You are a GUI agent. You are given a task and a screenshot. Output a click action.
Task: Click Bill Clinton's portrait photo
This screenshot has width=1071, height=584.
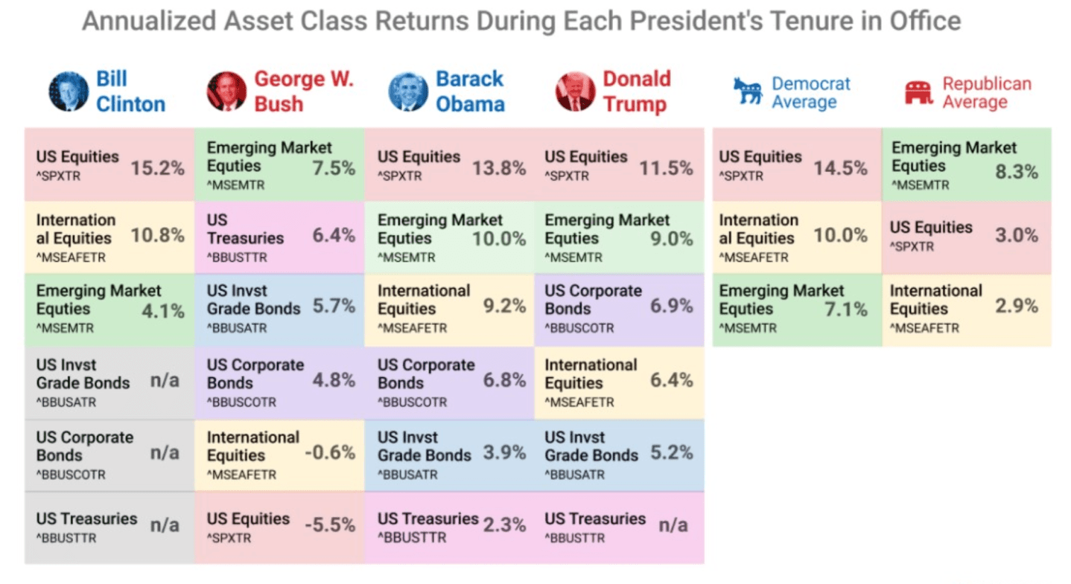pyautogui.click(x=68, y=91)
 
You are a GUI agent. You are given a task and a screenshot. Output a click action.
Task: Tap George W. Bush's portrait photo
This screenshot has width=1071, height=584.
pyautogui.click(x=226, y=91)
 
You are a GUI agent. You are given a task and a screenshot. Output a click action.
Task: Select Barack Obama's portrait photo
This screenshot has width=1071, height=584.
pyautogui.click(x=408, y=91)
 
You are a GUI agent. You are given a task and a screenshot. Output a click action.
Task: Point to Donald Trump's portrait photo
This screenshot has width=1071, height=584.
pyautogui.click(x=575, y=91)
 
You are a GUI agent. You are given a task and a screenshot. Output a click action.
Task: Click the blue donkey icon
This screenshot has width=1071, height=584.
pyautogui.click(x=748, y=92)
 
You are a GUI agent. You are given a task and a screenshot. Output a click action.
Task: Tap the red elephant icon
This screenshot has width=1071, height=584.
pyautogui.click(x=918, y=92)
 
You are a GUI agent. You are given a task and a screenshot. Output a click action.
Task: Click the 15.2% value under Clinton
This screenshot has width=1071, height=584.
pyautogui.click(x=157, y=168)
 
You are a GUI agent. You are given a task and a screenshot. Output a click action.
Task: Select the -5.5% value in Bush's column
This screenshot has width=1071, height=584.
pyautogui.click(x=330, y=525)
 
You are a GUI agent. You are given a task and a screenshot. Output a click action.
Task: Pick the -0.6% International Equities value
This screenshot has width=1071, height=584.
pyautogui.click(x=330, y=452)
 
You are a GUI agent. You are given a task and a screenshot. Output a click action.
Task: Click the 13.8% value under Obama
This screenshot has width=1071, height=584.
pyautogui.click(x=499, y=168)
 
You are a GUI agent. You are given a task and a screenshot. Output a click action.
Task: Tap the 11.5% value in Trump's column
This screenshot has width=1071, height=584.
pyautogui.click(x=666, y=168)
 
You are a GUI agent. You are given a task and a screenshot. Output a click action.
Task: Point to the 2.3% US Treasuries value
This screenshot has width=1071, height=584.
pyautogui.click(x=504, y=525)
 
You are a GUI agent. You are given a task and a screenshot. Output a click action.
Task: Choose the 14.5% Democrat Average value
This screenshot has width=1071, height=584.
pyautogui.click(x=840, y=168)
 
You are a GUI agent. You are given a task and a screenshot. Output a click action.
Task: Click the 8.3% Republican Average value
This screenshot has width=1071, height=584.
pyautogui.click(x=1017, y=172)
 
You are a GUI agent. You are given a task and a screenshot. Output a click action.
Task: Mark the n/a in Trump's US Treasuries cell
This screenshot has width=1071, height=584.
pyautogui.click(x=673, y=525)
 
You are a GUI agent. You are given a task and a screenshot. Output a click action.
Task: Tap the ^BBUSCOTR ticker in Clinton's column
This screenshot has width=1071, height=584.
pyautogui.click(x=71, y=475)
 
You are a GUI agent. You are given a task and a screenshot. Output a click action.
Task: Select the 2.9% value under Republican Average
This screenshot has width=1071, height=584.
pyautogui.click(x=1017, y=306)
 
